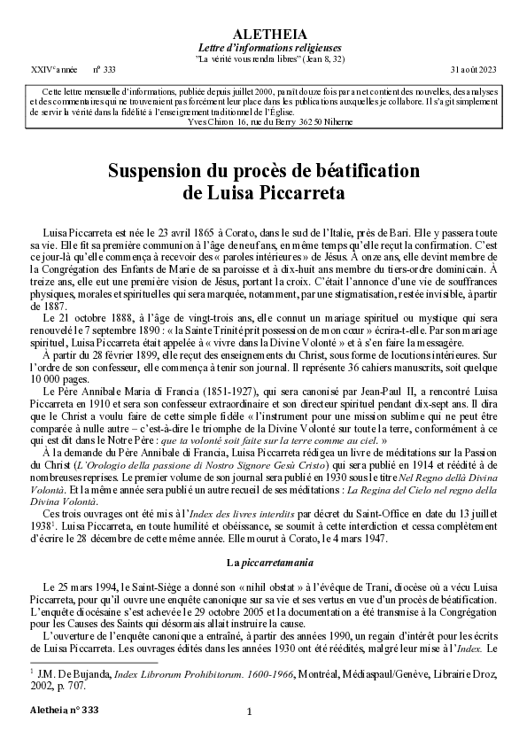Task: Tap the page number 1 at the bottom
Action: [250, 711]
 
